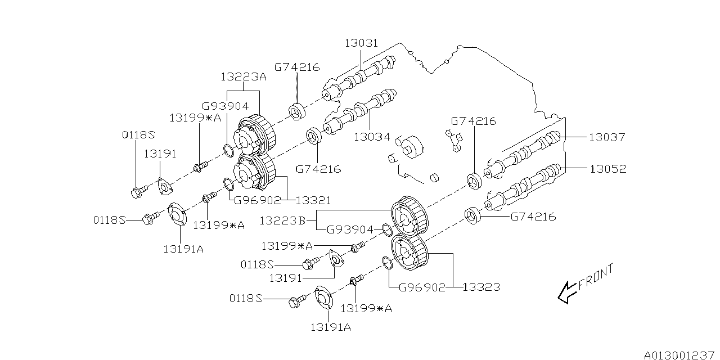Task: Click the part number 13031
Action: [361, 43]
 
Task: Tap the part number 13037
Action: [607, 137]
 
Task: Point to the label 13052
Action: [607, 168]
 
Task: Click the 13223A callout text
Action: [244, 77]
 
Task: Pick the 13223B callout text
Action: [282, 220]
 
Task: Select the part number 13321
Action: [313, 200]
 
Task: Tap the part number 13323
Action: [481, 287]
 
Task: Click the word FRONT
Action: [596, 277]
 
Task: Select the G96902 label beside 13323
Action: [422, 287]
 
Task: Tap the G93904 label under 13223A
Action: [225, 105]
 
